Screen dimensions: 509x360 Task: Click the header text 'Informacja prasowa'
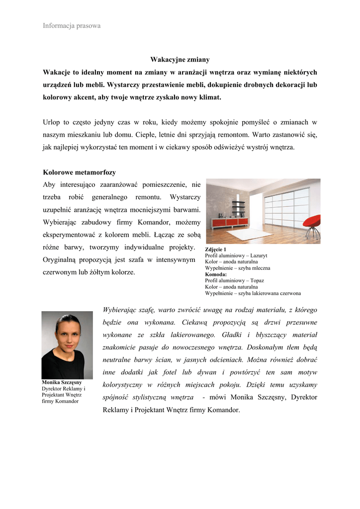coord(72,26)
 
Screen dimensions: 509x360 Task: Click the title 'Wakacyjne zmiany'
coord(180,60)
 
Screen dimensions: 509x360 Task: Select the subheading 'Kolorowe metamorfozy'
coord(80,172)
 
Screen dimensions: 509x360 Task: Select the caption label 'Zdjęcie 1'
coord(216,249)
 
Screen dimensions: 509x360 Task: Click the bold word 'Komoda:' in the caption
coord(216,274)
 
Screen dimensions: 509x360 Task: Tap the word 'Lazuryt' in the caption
coord(259,255)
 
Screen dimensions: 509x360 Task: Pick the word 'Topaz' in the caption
coord(257,280)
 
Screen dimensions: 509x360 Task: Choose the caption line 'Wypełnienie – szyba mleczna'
coord(238,268)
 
